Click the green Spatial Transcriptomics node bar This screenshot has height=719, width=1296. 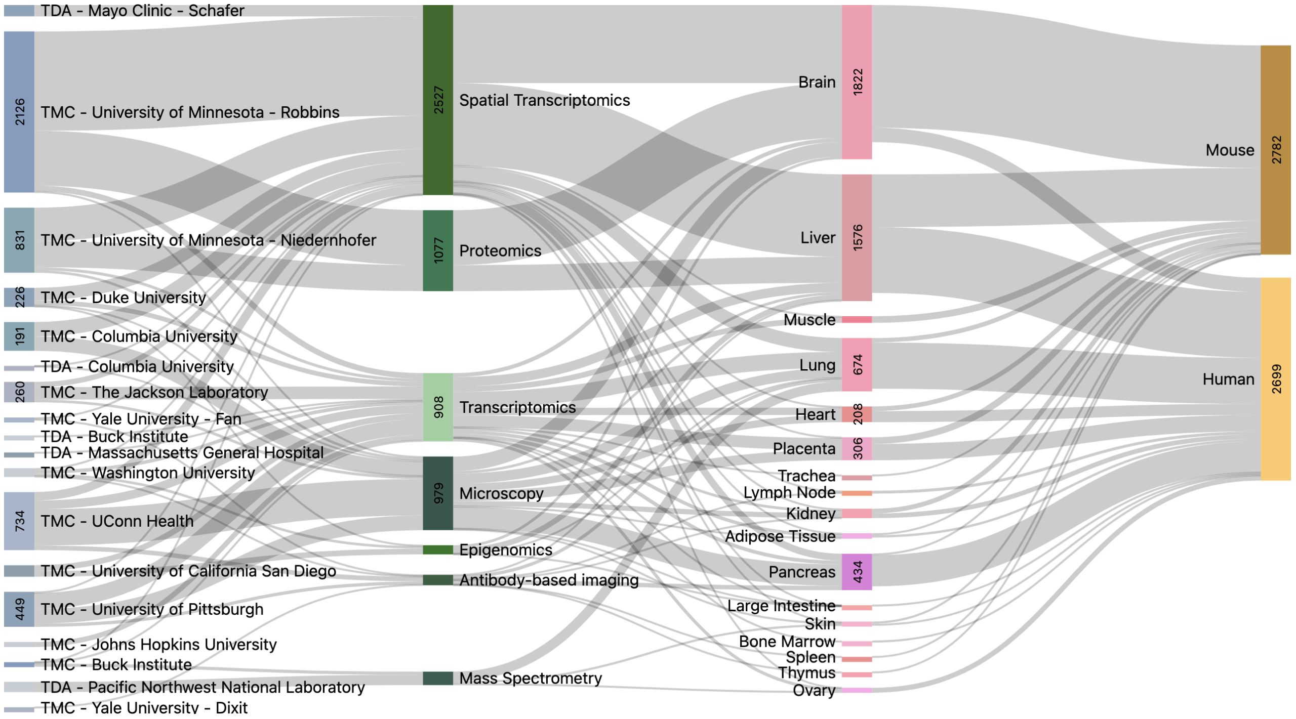click(x=438, y=100)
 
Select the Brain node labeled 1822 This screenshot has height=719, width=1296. click(x=857, y=82)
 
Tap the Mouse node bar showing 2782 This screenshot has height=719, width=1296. click(x=1275, y=150)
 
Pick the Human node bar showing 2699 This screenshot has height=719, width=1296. click(x=1275, y=378)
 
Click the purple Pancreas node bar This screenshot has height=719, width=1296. click(x=857, y=572)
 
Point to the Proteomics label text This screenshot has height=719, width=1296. click(x=500, y=251)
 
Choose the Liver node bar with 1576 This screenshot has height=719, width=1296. click(x=857, y=238)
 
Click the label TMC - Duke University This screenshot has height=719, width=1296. click(x=124, y=298)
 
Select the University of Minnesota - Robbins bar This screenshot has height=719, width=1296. click(x=19, y=112)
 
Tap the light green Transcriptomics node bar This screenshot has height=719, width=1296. click(x=438, y=407)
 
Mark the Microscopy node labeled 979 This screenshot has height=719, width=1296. click(x=438, y=493)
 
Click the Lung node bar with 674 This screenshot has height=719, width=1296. click(x=857, y=365)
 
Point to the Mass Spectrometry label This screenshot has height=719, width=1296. click(x=531, y=679)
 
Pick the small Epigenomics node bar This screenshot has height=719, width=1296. click(x=438, y=550)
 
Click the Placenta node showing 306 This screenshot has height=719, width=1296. click(x=857, y=449)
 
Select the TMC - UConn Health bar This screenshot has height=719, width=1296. click(x=19, y=521)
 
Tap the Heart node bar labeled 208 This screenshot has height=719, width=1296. click(x=857, y=414)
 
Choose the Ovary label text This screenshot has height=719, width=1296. click(x=814, y=691)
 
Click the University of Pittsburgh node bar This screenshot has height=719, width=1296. click(x=19, y=609)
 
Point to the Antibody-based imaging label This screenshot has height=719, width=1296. click(x=549, y=580)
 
